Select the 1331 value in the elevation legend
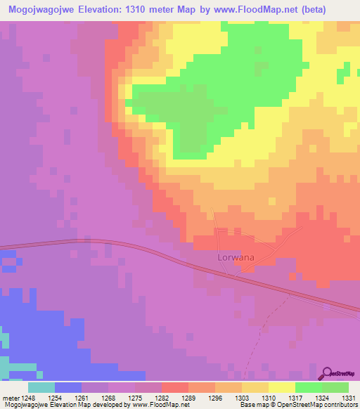point(349,397)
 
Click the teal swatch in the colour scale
point(41,387)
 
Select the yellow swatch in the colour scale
point(282,387)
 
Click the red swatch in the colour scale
point(174,387)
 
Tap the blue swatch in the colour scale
point(67,387)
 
